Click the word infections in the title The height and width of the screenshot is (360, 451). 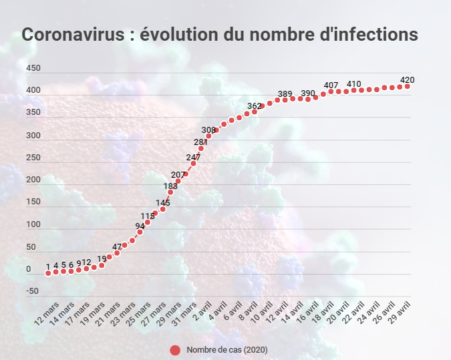377,35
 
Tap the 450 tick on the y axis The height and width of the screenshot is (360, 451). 33,69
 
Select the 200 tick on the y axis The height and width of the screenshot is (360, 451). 33,180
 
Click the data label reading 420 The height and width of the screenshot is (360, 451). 407,79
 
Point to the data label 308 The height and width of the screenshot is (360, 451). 208,130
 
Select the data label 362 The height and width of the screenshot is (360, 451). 254,106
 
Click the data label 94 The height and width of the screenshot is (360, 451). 140,226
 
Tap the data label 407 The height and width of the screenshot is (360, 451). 331,85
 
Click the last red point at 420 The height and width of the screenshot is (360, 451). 407,86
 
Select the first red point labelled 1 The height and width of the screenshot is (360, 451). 48,273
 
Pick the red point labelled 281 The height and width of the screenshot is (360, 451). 201,148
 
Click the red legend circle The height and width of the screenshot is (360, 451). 175,350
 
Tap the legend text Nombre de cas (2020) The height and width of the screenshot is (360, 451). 227,350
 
